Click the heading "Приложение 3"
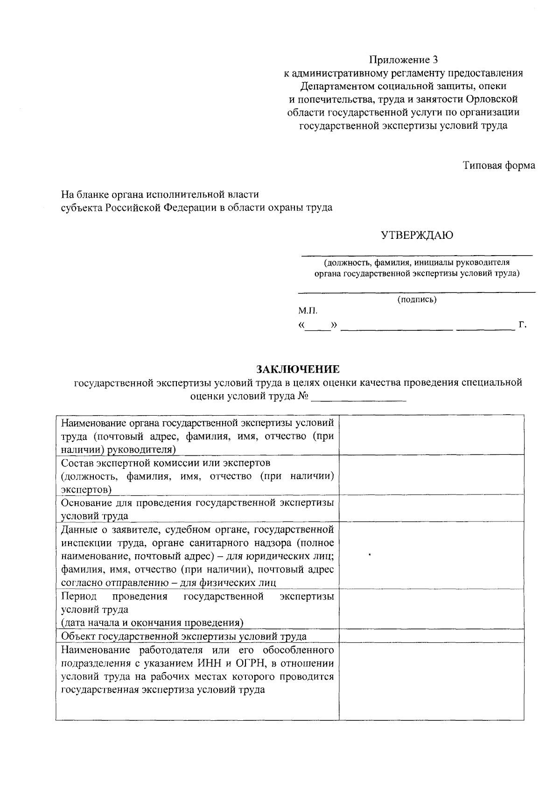click(x=404, y=60)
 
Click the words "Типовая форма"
click(x=499, y=166)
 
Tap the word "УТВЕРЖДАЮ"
click(x=417, y=235)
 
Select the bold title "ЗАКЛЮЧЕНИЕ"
click(x=298, y=369)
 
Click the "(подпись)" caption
click(x=417, y=299)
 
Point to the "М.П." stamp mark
click(x=308, y=310)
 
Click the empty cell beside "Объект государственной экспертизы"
click(x=431, y=636)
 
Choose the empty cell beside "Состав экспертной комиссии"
click(x=431, y=475)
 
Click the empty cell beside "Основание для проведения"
click(x=431, y=508)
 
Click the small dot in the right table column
click(x=370, y=555)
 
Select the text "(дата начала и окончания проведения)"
click(x=153, y=623)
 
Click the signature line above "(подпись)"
click(x=417, y=292)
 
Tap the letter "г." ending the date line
click(x=523, y=325)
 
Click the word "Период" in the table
click(x=78, y=597)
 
